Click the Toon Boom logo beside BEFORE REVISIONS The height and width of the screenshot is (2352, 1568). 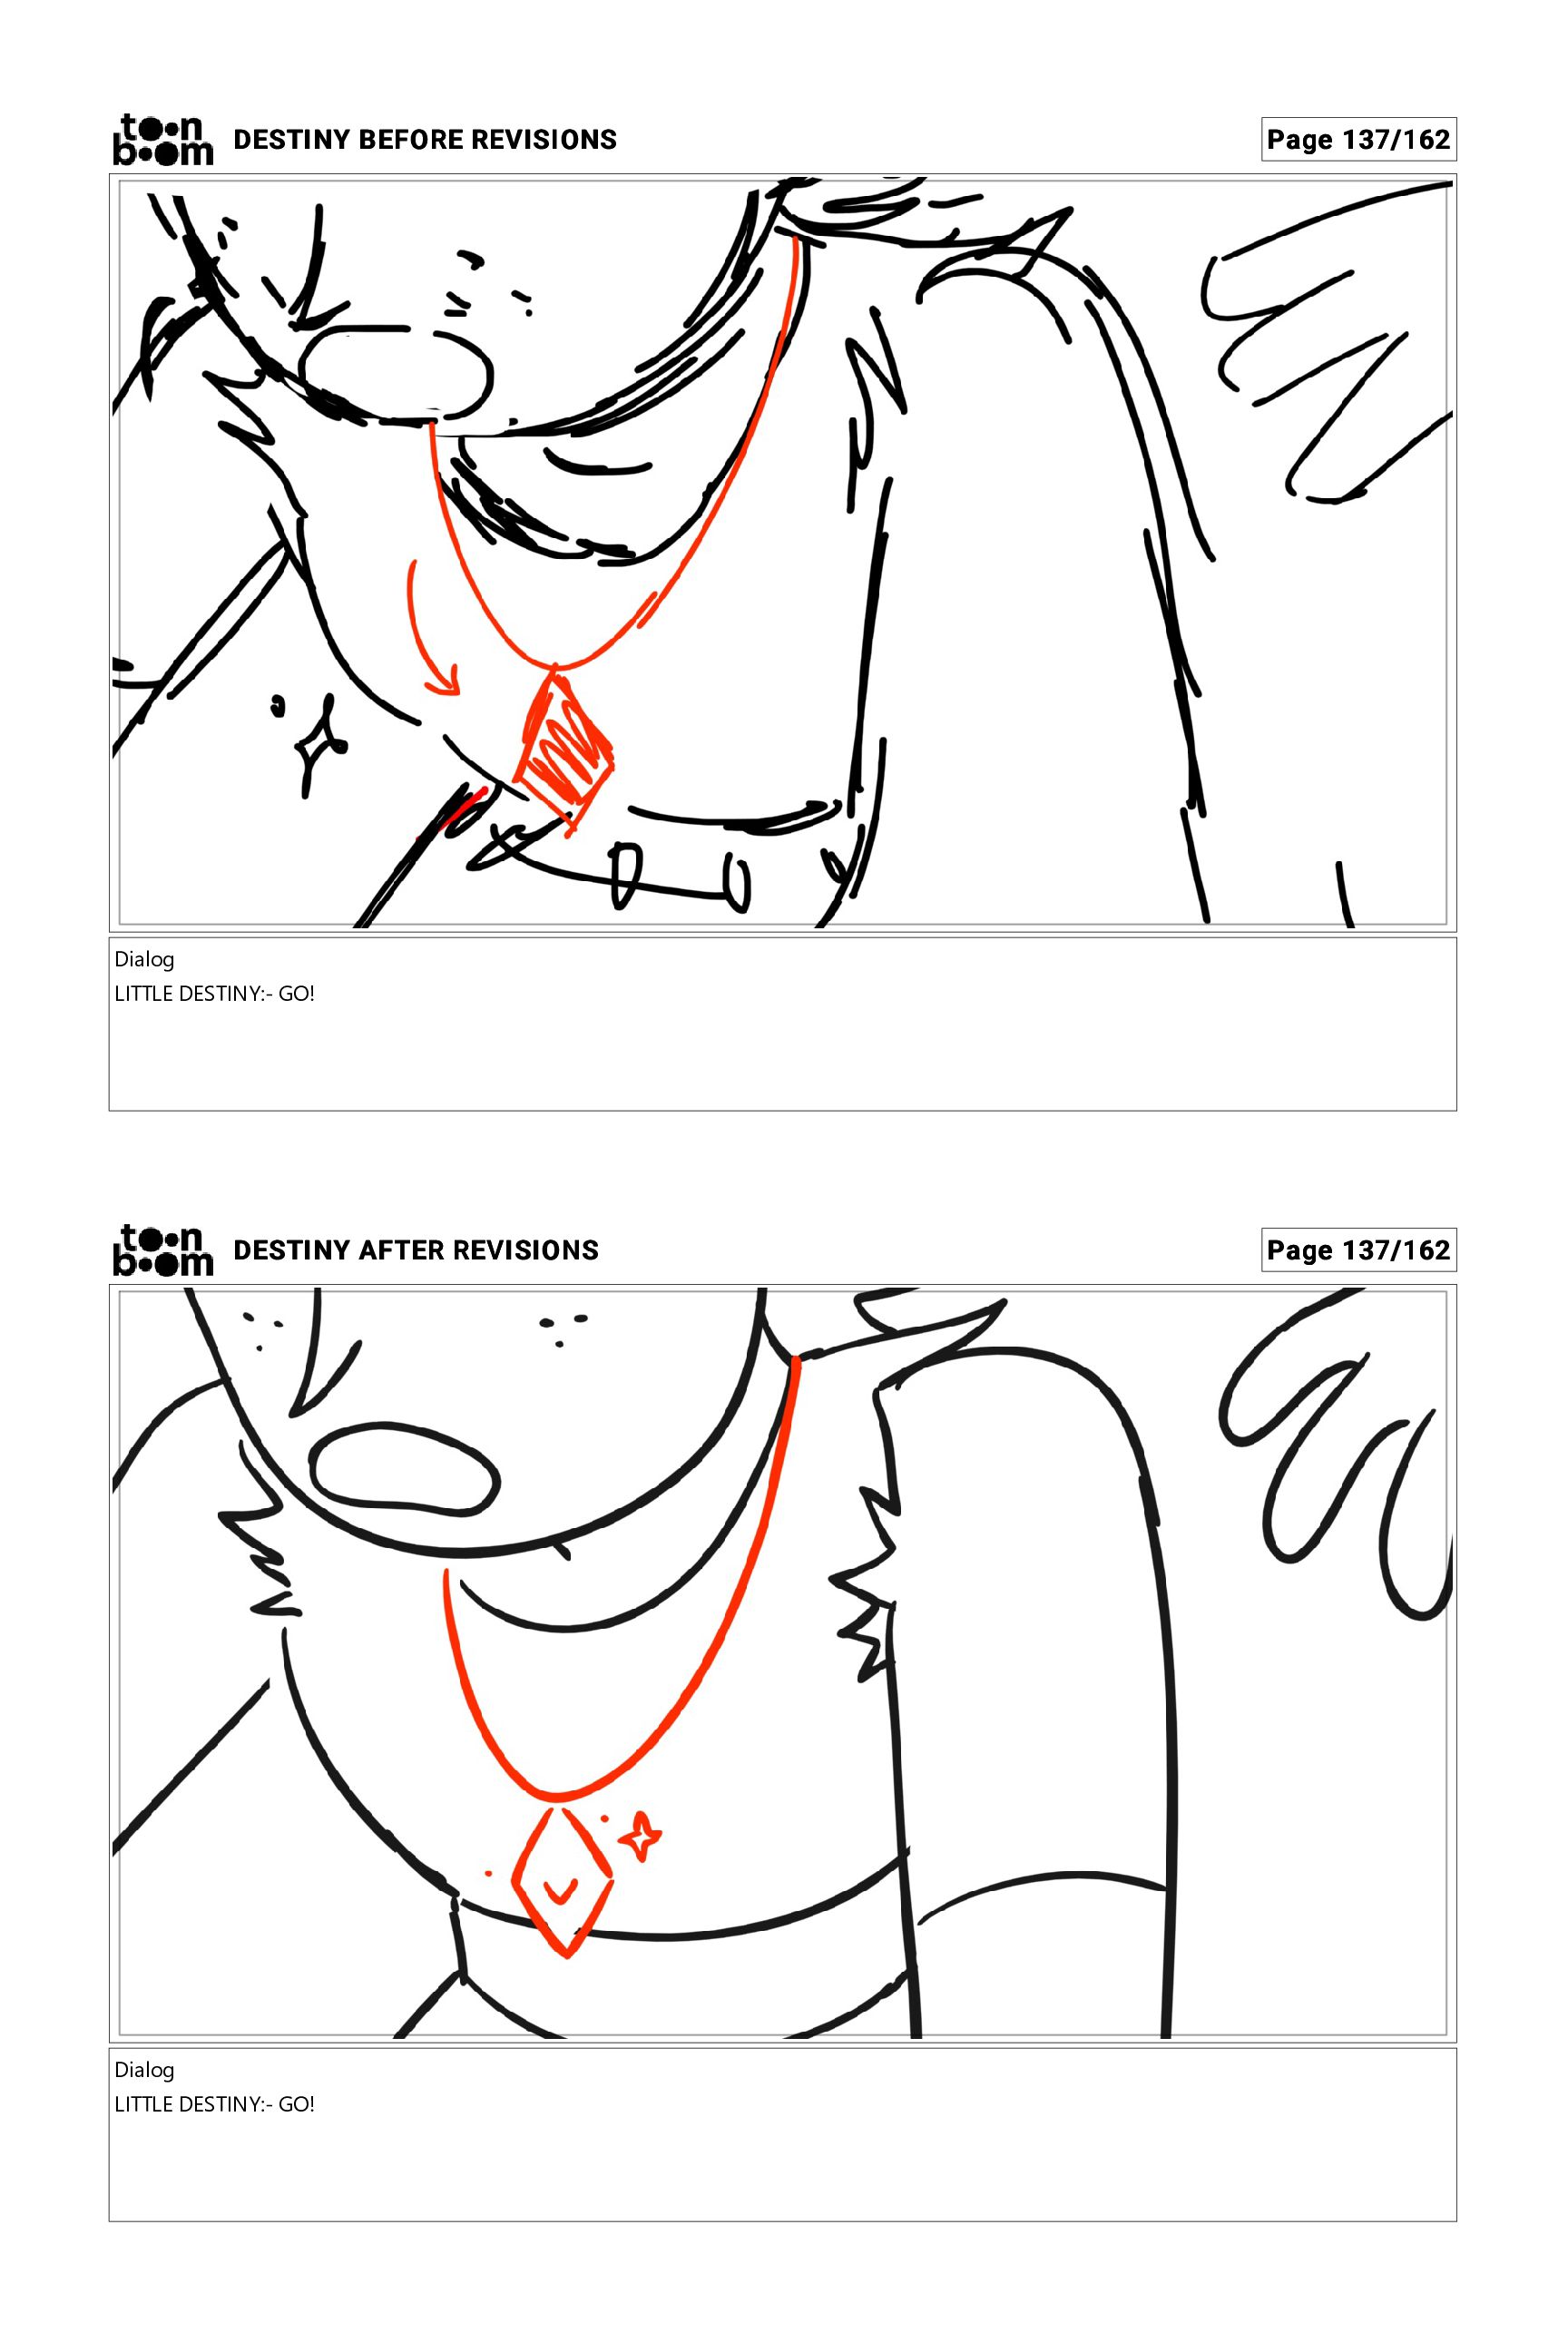(x=163, y=140)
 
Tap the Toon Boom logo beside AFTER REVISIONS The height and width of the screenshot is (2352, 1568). (x=163, y=1250)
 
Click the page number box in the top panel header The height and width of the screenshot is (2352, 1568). (x=1358, y=139)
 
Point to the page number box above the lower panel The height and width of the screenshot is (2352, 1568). (x=1358, y=1250)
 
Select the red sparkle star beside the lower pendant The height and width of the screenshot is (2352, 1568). (x=638, y=1837)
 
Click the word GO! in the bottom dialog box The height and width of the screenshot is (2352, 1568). (x=296, y=2104)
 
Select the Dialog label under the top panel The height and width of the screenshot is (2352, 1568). (x=144, y=960)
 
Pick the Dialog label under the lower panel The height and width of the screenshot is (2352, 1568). (x=144, y=2070)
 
